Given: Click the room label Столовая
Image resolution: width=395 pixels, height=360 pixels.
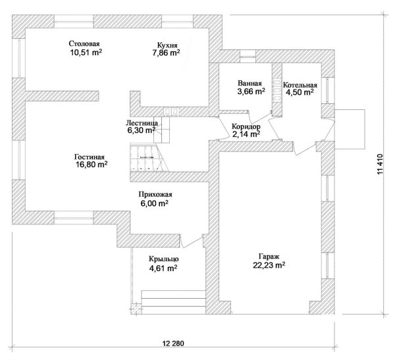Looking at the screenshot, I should tap(84, 44).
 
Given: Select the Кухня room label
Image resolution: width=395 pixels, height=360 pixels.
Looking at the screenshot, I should tap(165, 44).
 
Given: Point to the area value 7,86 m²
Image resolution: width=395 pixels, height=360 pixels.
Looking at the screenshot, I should tap(165, 53).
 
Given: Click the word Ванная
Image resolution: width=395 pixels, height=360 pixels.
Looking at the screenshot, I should tap(250, 83).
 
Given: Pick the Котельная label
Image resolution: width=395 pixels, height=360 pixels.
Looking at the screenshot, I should tap(300, 86).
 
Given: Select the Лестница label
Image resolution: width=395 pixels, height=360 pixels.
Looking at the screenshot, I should tap(141, 122).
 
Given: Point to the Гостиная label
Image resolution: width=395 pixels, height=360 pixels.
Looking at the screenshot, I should tap(90, 157).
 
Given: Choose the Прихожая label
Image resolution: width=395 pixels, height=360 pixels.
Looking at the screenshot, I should tap(155, 195).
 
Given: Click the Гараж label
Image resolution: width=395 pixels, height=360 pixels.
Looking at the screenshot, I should tap(269, 257).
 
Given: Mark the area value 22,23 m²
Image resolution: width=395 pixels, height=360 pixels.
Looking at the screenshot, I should tap(269, 266).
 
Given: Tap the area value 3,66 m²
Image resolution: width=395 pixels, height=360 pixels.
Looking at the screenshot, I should tap(250, 92).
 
